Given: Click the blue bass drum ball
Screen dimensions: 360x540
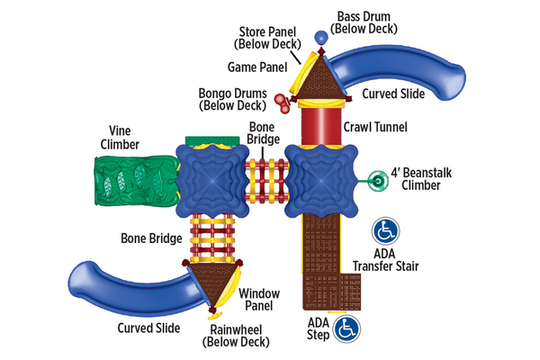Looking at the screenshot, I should point(319,37).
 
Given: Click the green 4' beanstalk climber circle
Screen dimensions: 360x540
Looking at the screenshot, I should point(379,181).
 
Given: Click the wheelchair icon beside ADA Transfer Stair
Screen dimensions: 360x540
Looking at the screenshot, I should point(385,232).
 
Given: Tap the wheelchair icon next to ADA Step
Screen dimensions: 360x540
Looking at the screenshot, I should point(346,329).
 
